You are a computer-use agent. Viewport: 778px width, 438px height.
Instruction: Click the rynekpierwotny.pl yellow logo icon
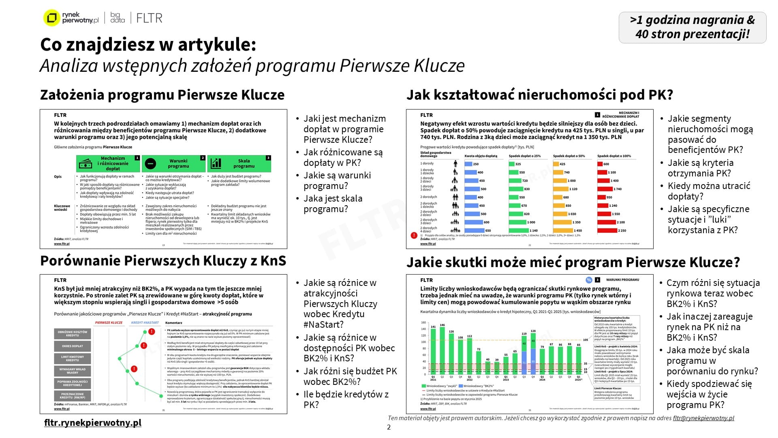[x=51, y=18]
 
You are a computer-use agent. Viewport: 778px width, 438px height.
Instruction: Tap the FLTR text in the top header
[x=149, y=18]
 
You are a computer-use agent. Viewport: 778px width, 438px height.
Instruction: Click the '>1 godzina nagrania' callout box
[x=692, y=27]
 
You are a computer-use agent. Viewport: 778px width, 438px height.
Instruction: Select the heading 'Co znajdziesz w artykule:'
[x=148, y=45]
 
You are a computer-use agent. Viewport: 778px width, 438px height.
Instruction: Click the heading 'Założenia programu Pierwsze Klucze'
[x=162, y=95]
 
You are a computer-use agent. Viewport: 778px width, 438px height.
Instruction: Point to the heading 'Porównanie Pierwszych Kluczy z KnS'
[x=163, y=261]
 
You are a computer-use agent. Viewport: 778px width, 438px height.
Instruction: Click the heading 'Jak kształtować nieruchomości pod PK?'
[x=539, y=95]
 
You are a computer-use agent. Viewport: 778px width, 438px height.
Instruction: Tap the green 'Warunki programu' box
[x=174, y=163]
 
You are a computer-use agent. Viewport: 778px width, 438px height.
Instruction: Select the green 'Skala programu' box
[x=239, y=163]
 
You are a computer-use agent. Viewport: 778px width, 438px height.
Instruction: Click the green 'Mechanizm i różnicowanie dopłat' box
[x=108, y=163]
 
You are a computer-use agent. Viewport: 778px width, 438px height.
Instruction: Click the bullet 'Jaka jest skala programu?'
[x=333, y=204]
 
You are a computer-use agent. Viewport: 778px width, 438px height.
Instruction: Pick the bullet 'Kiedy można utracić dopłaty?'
[x=709, y=191]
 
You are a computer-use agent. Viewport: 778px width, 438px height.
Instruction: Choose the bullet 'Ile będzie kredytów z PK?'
[x=346, y=399]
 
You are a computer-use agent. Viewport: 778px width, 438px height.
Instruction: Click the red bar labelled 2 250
[x=607, y=230]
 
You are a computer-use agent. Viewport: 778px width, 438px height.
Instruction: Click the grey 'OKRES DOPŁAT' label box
[x=73, y=346]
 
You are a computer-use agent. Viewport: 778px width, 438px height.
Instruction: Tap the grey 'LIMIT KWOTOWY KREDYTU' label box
[x=73, y=359]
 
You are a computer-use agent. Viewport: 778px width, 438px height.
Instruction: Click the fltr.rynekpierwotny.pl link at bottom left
[x=93, y=423]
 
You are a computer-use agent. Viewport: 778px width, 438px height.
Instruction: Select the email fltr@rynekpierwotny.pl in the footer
[x=703, y=418]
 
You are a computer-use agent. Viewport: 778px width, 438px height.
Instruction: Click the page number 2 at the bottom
[x=389, y=427]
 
